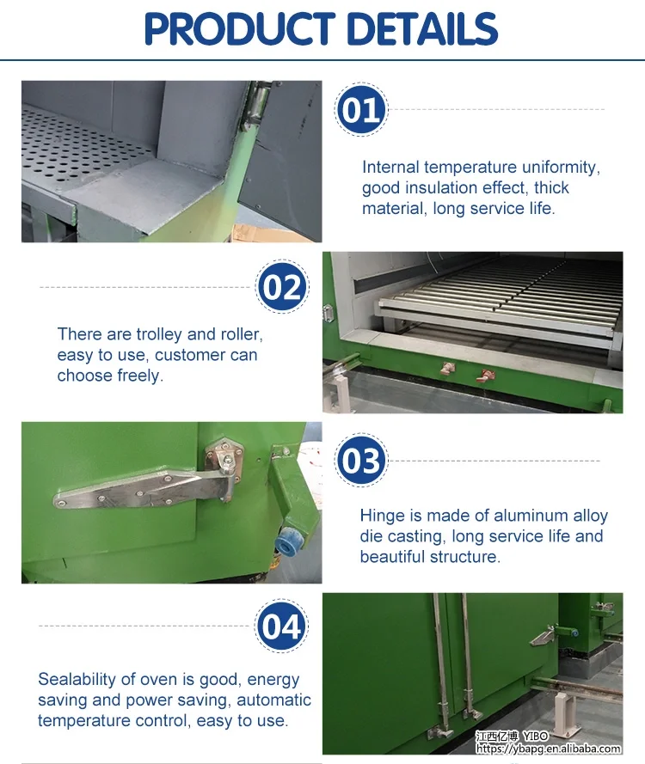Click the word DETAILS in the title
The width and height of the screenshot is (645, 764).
pos(422,29)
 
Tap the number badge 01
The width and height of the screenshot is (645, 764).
pos(361,110)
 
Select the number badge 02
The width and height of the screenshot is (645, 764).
pos(282,287)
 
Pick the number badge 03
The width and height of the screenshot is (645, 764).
pos(361,461)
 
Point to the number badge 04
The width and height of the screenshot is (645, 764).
pos(282,626)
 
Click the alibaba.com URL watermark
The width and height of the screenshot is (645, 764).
pos(549,749)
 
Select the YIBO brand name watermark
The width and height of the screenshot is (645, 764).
pos(535,736)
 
